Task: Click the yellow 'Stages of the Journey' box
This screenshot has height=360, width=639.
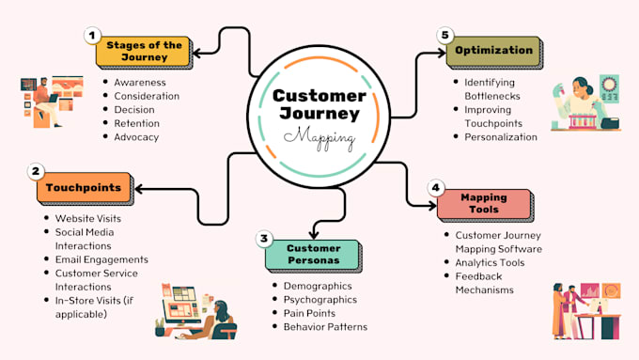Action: (144, 51)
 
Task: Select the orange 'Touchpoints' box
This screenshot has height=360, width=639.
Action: (85, 188)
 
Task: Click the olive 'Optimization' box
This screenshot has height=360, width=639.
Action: (494, 51)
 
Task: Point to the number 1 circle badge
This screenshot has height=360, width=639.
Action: (92, 36)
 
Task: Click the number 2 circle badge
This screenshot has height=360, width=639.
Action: (36, 171)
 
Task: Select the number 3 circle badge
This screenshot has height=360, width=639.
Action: (264, 239)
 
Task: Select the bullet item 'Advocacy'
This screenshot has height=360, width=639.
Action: (136, 136)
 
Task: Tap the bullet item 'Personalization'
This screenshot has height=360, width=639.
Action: (501, 136)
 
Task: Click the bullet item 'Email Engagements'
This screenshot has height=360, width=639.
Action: (101, 259)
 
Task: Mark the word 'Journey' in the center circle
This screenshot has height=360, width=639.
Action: (319, 115)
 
